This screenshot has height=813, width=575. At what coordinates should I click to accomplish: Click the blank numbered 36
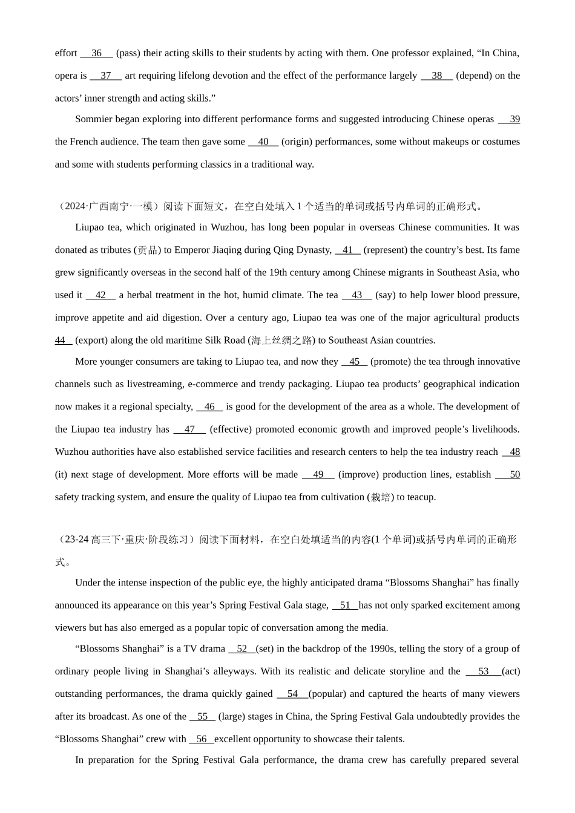(96, 53)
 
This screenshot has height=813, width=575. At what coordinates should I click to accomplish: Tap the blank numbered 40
(263, 142)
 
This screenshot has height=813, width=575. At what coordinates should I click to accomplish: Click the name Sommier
(94, 119)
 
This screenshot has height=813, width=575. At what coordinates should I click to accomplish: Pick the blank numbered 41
(347, 250)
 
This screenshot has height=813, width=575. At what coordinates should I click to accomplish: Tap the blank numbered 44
(63, 340)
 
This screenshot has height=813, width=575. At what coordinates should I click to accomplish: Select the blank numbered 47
(189, 429)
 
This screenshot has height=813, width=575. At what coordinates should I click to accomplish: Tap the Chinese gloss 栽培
(381, 497)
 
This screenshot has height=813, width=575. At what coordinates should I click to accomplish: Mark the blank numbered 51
(345, 605)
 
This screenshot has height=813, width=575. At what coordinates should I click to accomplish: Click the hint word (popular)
(327, 694)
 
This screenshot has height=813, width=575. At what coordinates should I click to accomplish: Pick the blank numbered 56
(201, 739)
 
